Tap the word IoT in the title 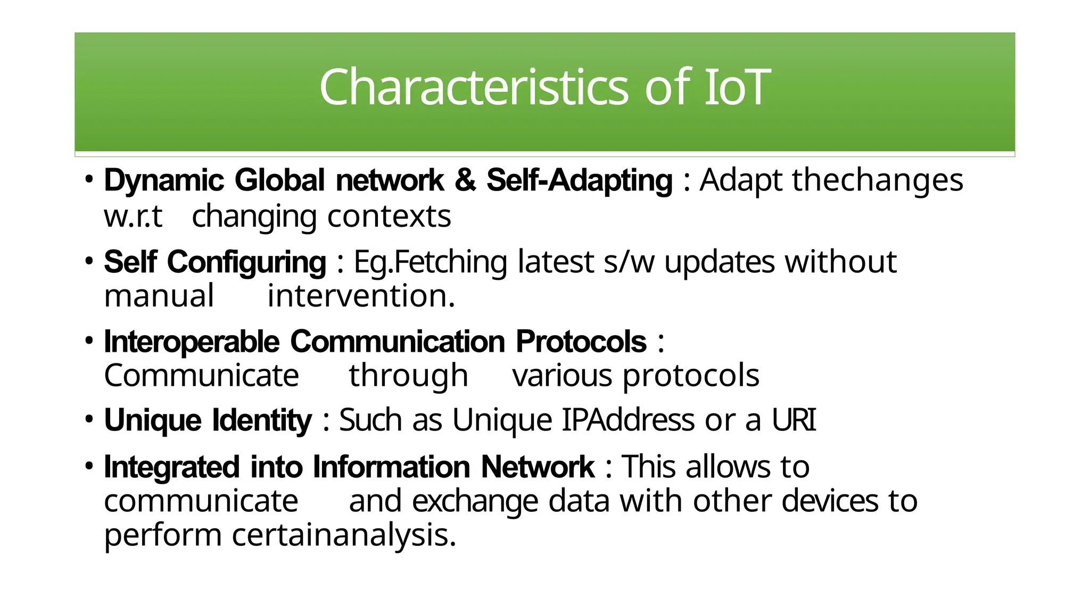point(737,87)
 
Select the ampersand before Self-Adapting point(465,180)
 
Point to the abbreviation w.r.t point(133,217)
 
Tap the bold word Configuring point(246,263)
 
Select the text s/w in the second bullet point(629,262)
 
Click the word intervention point(361,296)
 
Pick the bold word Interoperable point(192,342)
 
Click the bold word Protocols point(581,342)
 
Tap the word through point(408,376)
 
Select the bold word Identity point(262,421)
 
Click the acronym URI point(794,420)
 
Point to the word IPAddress point(628,420)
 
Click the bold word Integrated point(172,467)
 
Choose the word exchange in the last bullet point(475,502)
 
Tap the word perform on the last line point(162,536)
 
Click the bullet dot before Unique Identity point(89,419)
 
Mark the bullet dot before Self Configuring point(89,261)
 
